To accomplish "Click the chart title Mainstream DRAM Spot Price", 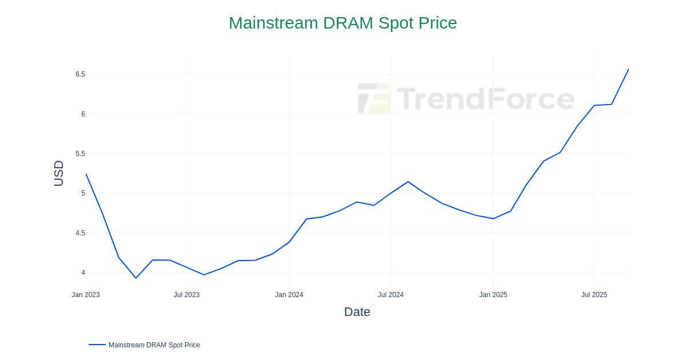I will [342, 23].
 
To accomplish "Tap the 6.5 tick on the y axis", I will [80, 74].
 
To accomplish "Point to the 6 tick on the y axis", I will [83, 114].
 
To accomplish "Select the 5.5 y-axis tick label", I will [80, 154].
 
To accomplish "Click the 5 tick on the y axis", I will [83, 193].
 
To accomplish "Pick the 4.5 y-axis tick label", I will [80, 233].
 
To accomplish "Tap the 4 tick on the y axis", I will [83, 273].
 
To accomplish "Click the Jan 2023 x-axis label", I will [86, 295].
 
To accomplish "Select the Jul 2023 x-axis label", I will [186, 295].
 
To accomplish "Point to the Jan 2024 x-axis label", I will [289, 295].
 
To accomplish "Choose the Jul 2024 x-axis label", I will [390, 295].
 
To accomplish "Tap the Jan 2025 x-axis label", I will [493, 295].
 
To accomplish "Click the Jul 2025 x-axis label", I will [594, 295].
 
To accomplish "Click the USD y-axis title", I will [58, 173].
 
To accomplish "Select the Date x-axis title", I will [357, 312].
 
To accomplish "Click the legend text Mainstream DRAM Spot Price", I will [154, 345].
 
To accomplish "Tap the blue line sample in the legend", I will [97, 345].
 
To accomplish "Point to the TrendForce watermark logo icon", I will [374, 98].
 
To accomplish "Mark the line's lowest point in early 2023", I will [136, 278].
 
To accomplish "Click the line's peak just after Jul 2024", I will [408, 182].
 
